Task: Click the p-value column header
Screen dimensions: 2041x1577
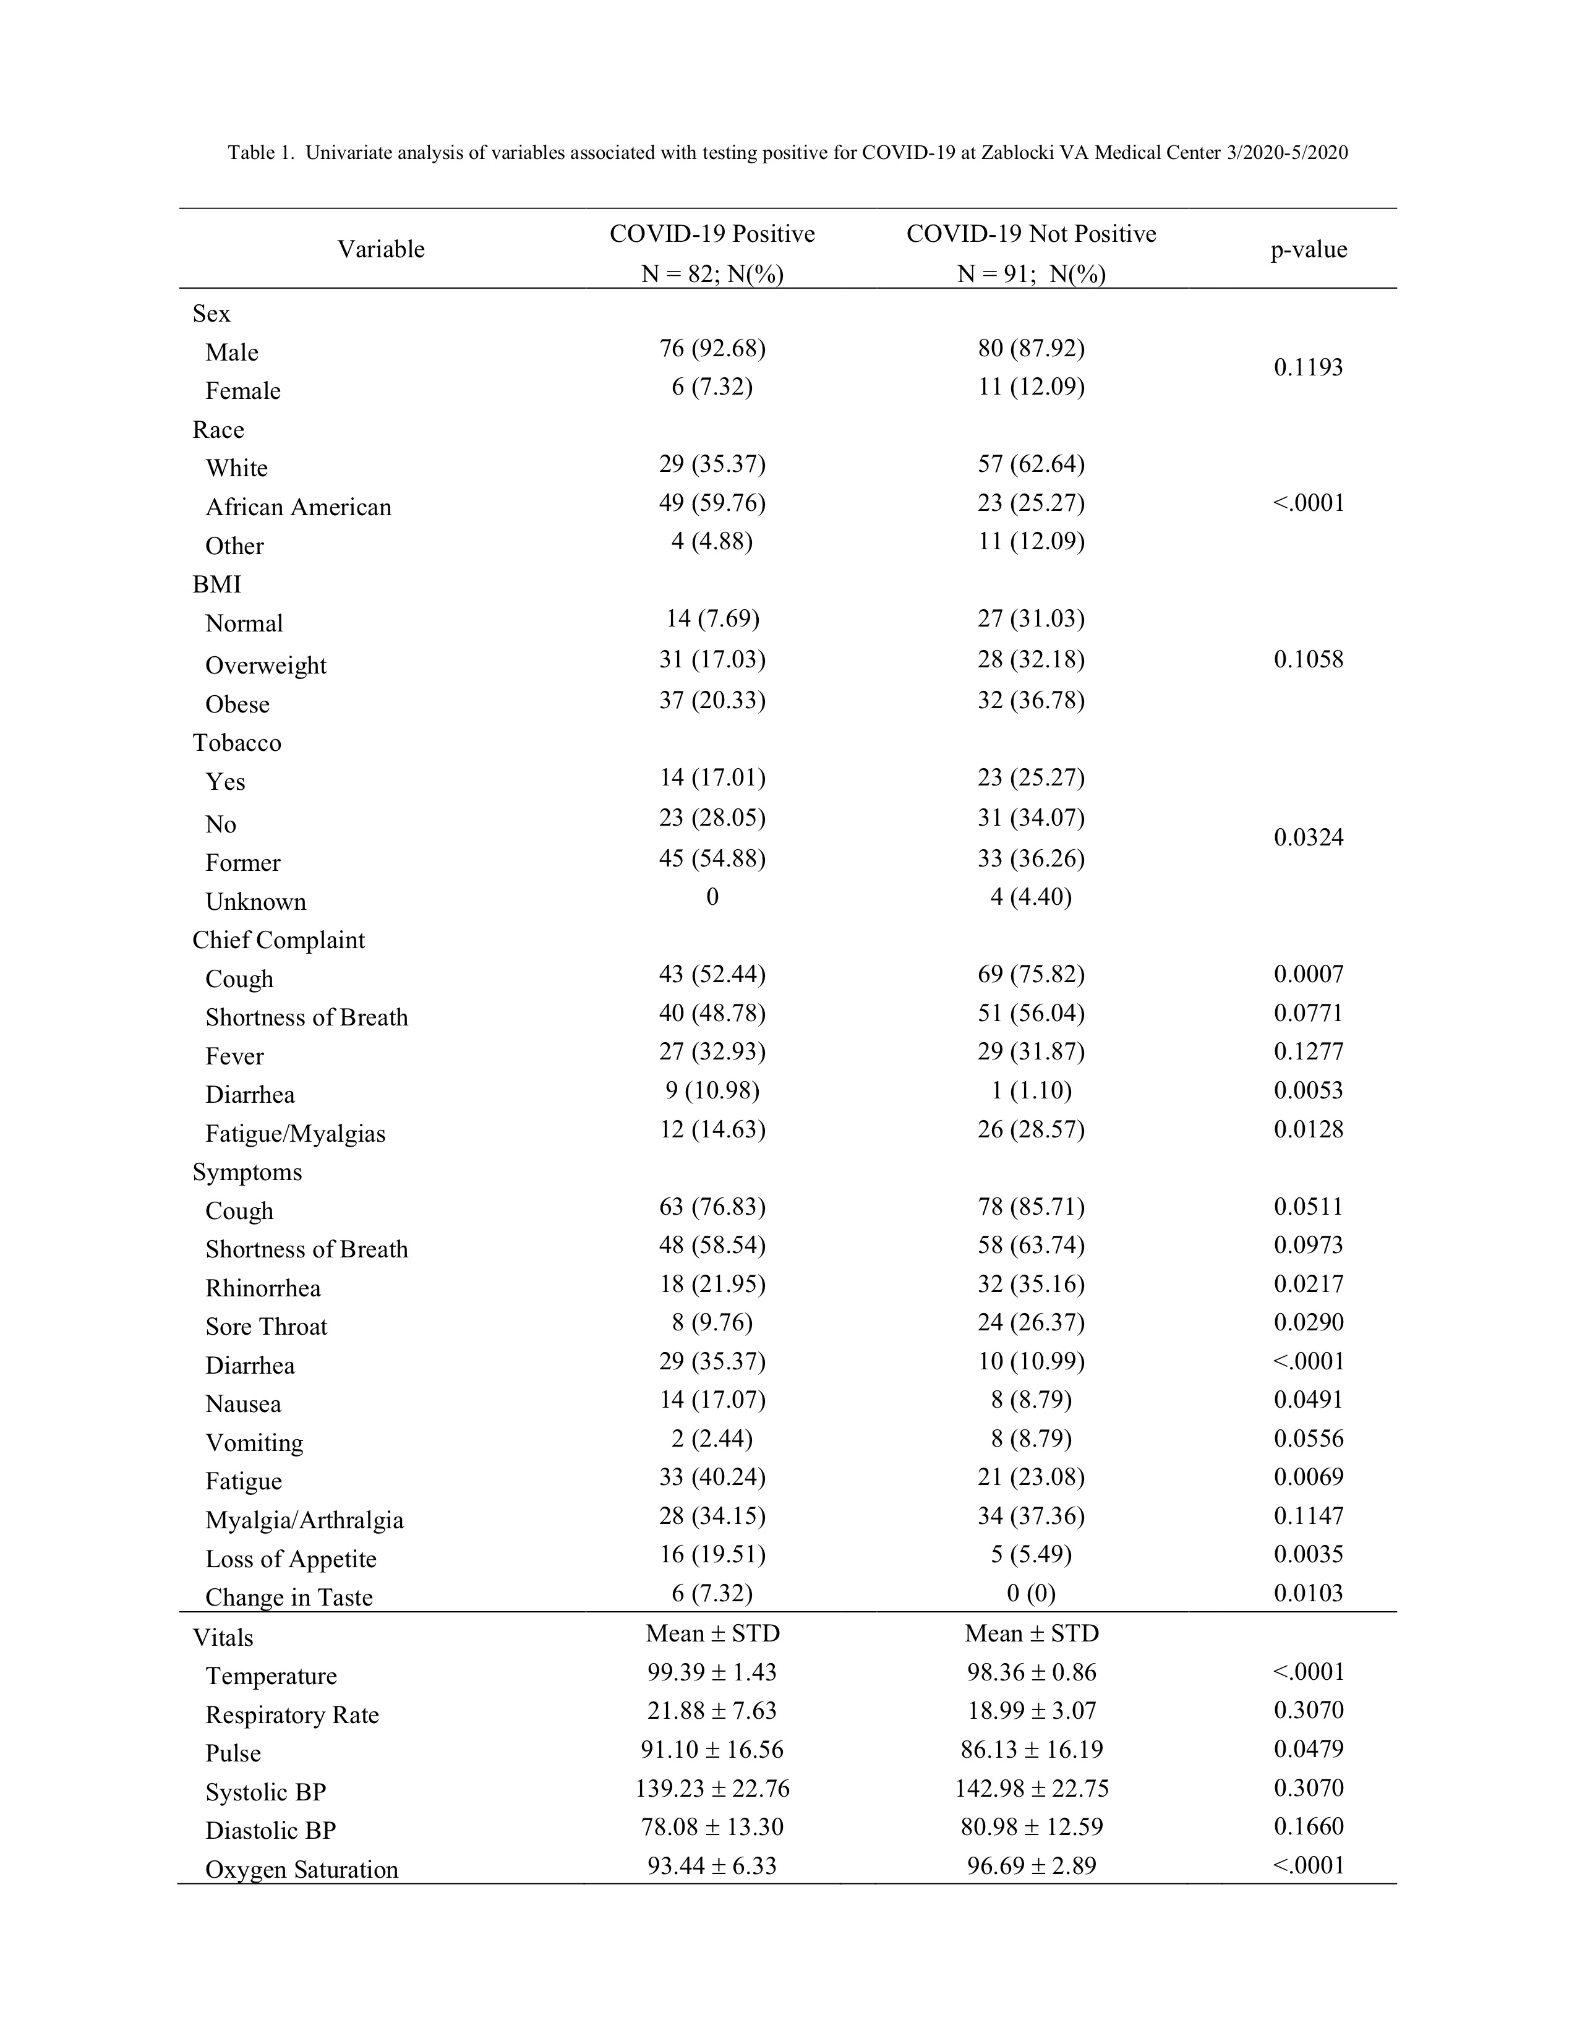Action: pos(1308,249)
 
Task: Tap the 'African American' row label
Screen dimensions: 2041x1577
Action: pos(298,507)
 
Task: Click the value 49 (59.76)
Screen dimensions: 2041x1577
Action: pos(712,503)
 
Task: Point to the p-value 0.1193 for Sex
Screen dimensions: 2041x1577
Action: pos(1308,367)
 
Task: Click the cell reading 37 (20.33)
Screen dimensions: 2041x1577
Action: pos(712,701)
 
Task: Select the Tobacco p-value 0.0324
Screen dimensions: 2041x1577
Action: pos(1308,837)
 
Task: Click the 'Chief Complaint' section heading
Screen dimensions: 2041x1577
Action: pos(278,940)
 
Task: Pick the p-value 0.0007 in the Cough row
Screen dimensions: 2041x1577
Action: pos(1308,975)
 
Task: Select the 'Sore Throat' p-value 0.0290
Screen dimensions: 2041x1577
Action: pos(1308,1322)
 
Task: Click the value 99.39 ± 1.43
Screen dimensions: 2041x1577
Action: pos(712,1672)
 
